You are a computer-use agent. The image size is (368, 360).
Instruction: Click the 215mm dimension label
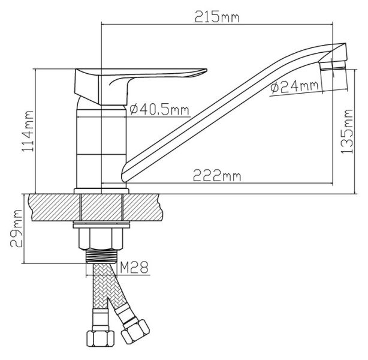(217, 16)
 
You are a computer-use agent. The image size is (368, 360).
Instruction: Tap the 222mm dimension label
(217, 176)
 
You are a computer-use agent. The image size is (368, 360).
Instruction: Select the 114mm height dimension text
(28, 131)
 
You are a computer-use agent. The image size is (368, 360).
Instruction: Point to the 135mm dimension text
(347, 131)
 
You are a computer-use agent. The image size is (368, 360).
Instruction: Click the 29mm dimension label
(16, 228)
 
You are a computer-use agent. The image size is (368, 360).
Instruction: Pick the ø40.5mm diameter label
(159, 110)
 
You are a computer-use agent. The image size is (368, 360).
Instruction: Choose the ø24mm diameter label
(295, 87)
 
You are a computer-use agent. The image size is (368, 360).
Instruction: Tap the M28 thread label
(134, 267)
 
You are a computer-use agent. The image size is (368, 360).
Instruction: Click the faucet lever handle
(141, 86)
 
